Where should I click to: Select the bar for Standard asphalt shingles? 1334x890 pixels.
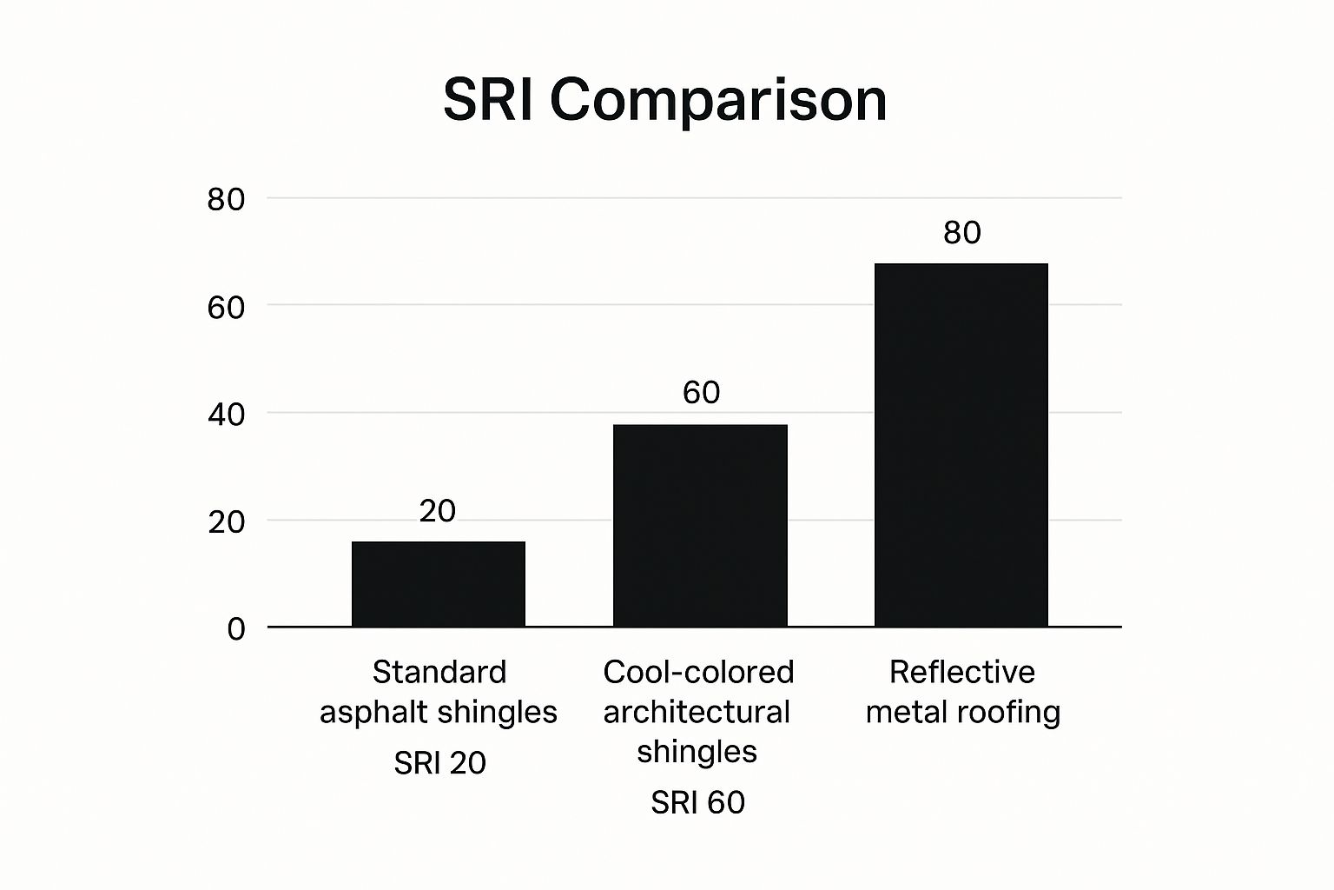[439, 583]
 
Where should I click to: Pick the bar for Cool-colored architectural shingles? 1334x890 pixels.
[700, 525]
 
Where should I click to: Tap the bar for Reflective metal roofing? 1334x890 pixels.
[961, 444]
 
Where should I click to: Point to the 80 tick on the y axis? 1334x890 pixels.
[226, 200]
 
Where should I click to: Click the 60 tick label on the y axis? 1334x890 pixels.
[226, 307]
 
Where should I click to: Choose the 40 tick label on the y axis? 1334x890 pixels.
[226, 415]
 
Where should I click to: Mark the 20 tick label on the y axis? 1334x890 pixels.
[226, 521]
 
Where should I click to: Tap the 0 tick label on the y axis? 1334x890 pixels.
[236, 628]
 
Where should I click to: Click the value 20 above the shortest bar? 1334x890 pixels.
[437, 511]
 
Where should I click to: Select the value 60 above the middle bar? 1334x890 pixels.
[701, 393]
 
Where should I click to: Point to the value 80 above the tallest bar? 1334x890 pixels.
[961, 232]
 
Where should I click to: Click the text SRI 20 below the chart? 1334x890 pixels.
[439, 763]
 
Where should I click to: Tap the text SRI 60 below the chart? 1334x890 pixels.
[697, 802]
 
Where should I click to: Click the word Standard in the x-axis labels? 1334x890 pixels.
[439, 672]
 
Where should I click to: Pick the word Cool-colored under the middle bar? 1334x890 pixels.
[698, 672]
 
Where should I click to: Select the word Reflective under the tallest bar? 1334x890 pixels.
[961, 672]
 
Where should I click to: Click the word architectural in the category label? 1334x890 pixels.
[697, 712]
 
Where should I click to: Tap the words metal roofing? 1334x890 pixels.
[962, 712]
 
